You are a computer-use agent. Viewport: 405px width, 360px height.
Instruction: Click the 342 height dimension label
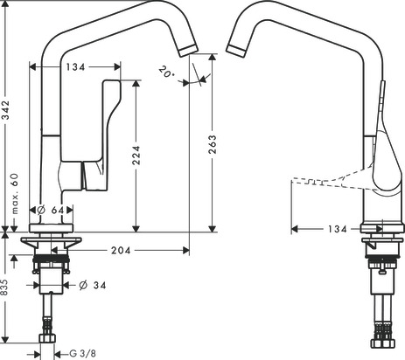tap(5, 110)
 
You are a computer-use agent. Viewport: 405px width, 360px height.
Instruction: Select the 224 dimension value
tap(136, 156)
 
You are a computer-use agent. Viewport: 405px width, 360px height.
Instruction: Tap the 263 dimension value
tap(213, 144)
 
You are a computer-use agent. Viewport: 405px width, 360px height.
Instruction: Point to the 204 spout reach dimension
tap(121, 250)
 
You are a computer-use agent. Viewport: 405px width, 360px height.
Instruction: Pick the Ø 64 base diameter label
tap(51, 210)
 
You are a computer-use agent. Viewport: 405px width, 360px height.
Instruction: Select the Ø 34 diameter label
tap(93, 285)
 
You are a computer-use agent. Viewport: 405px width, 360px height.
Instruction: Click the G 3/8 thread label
tap(82, 354)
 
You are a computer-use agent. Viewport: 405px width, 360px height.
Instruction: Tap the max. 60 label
tap(15, 194)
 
